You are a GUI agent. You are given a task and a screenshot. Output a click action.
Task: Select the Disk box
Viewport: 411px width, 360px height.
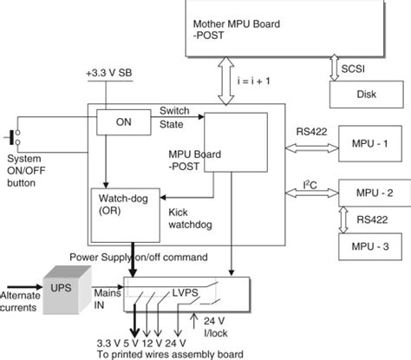coord(366,95)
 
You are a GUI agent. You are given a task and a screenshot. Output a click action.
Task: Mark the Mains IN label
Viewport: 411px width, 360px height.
coord(108,299)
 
